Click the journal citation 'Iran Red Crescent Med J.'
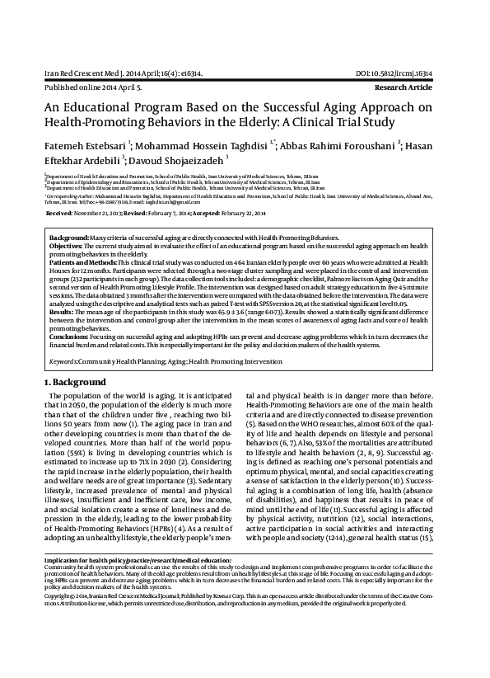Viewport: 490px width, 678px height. pyautogui.click(x=88, y=73)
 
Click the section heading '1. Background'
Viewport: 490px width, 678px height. pyautogui.click(x=75, y=384)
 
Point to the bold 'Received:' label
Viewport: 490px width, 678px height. pyautogui.click(x=60, y=213)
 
